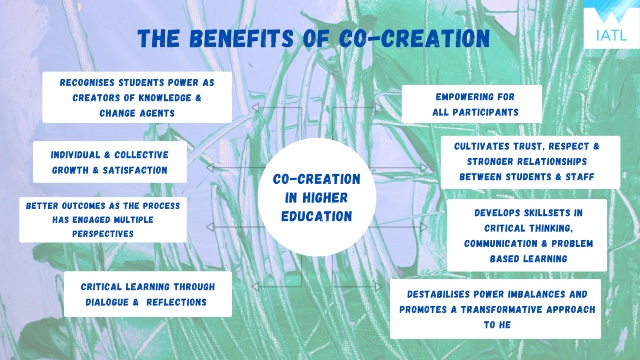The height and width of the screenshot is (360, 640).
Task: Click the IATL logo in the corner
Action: coord(611,24)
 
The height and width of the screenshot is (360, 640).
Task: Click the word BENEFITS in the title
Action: coord(241,39)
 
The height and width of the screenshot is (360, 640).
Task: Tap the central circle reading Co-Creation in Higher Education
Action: coord(317,197)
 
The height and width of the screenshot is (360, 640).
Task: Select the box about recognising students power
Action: coord(137,98)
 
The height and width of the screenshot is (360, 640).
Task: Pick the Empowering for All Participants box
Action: coord(472,104)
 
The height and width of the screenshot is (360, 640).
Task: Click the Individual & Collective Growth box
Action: coord(110,162)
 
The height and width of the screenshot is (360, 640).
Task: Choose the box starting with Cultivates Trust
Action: coord(530,162)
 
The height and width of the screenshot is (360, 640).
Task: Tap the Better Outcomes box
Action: coord(103,220)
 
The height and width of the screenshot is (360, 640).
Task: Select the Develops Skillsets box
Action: coord(527,235)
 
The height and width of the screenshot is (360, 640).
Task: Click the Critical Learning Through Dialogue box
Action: coord(148,294)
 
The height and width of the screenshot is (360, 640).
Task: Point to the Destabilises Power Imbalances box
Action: coord(496,309)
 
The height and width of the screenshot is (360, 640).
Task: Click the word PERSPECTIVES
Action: coord(103,234)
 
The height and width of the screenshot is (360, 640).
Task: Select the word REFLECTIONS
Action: coord(176,302)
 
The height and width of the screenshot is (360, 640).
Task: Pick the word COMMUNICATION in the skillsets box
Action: coord(500,244)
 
